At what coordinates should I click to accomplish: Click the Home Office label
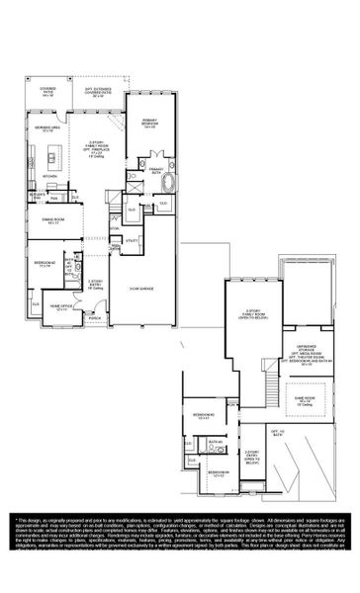(62, 306)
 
